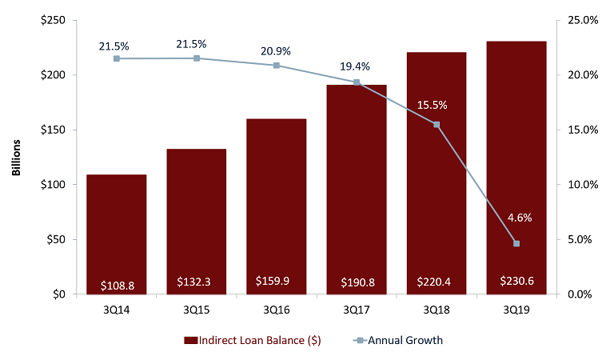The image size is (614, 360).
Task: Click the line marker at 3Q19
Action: [x=516, y=243]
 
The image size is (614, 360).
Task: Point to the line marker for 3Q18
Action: [x=437, y=124]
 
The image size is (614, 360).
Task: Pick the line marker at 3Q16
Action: [x=277, y=65]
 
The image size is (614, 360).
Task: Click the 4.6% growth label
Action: [x=516, y=217]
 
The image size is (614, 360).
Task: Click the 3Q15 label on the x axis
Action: [x=196, y=308]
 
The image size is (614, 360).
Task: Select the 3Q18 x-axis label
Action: [x=436, y=308]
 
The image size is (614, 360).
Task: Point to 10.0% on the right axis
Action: [x=581, y=184]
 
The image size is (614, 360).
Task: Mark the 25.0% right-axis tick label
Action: [x=581, y=20]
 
